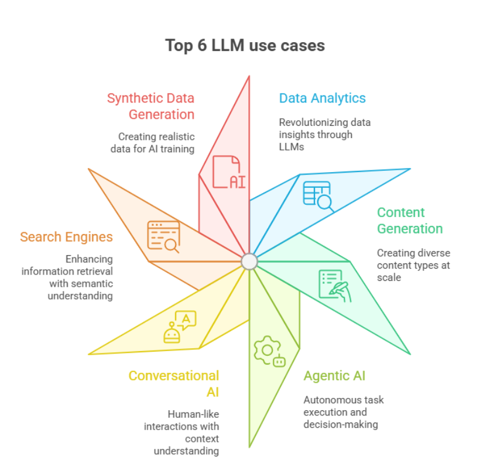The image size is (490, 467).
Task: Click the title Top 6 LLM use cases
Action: coord(245,45)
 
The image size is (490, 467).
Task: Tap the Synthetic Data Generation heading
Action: coord(151,106)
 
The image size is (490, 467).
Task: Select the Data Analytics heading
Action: coord(322,98)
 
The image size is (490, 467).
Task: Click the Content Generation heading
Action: coord(409,220)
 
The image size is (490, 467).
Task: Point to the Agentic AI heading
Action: coord(334,376)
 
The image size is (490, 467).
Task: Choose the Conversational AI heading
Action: coord(174,383)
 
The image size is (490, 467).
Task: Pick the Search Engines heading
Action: coord(66,237)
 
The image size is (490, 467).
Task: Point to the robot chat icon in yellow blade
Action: coord(180,326)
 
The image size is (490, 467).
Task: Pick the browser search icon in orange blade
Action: coord(163,236)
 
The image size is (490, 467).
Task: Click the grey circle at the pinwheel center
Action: coord(249,262)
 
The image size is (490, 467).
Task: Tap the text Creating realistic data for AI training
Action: coord(153,143)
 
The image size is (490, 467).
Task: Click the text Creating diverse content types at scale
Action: coord(413,265)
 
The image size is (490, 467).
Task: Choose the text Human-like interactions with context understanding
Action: coord(181,432)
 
